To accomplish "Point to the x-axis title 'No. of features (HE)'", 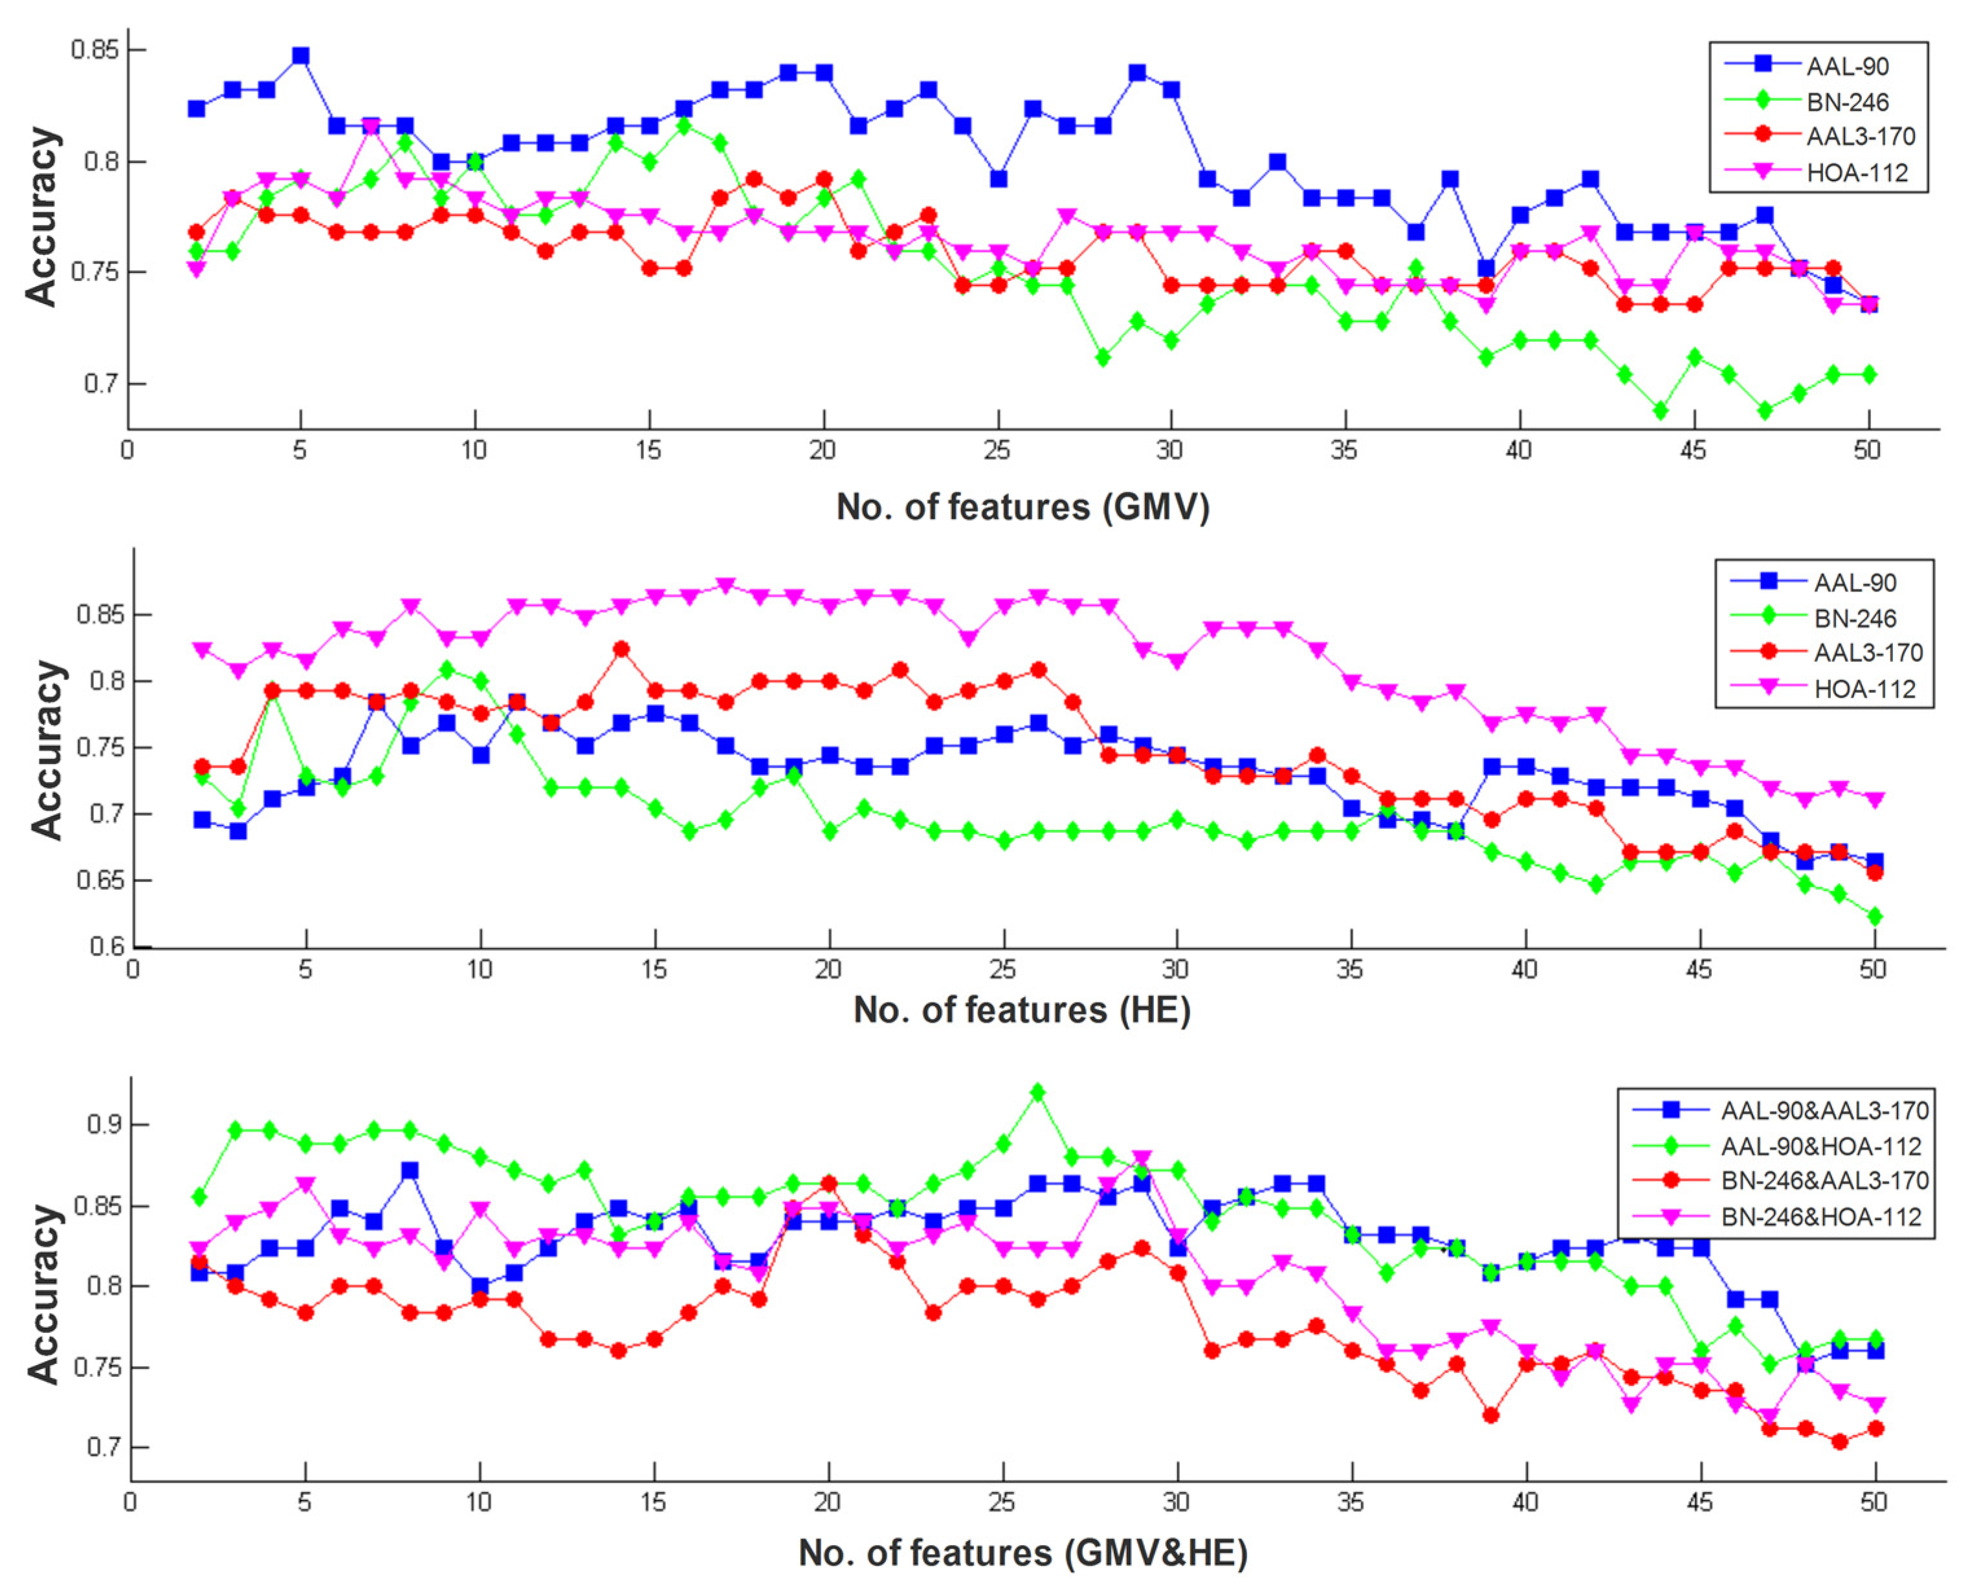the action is (1022, 1010).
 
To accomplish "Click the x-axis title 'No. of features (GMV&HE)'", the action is (1023, 1553).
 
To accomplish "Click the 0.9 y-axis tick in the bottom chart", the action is (104, 1125).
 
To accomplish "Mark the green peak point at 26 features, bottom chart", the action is (1037, 1092).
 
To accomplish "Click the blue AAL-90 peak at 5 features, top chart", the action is (301, 56).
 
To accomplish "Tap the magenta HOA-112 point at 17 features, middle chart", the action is (725, 586).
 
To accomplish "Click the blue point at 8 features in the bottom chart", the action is (410, 1170).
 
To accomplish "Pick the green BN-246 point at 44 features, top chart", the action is (1660, 411).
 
